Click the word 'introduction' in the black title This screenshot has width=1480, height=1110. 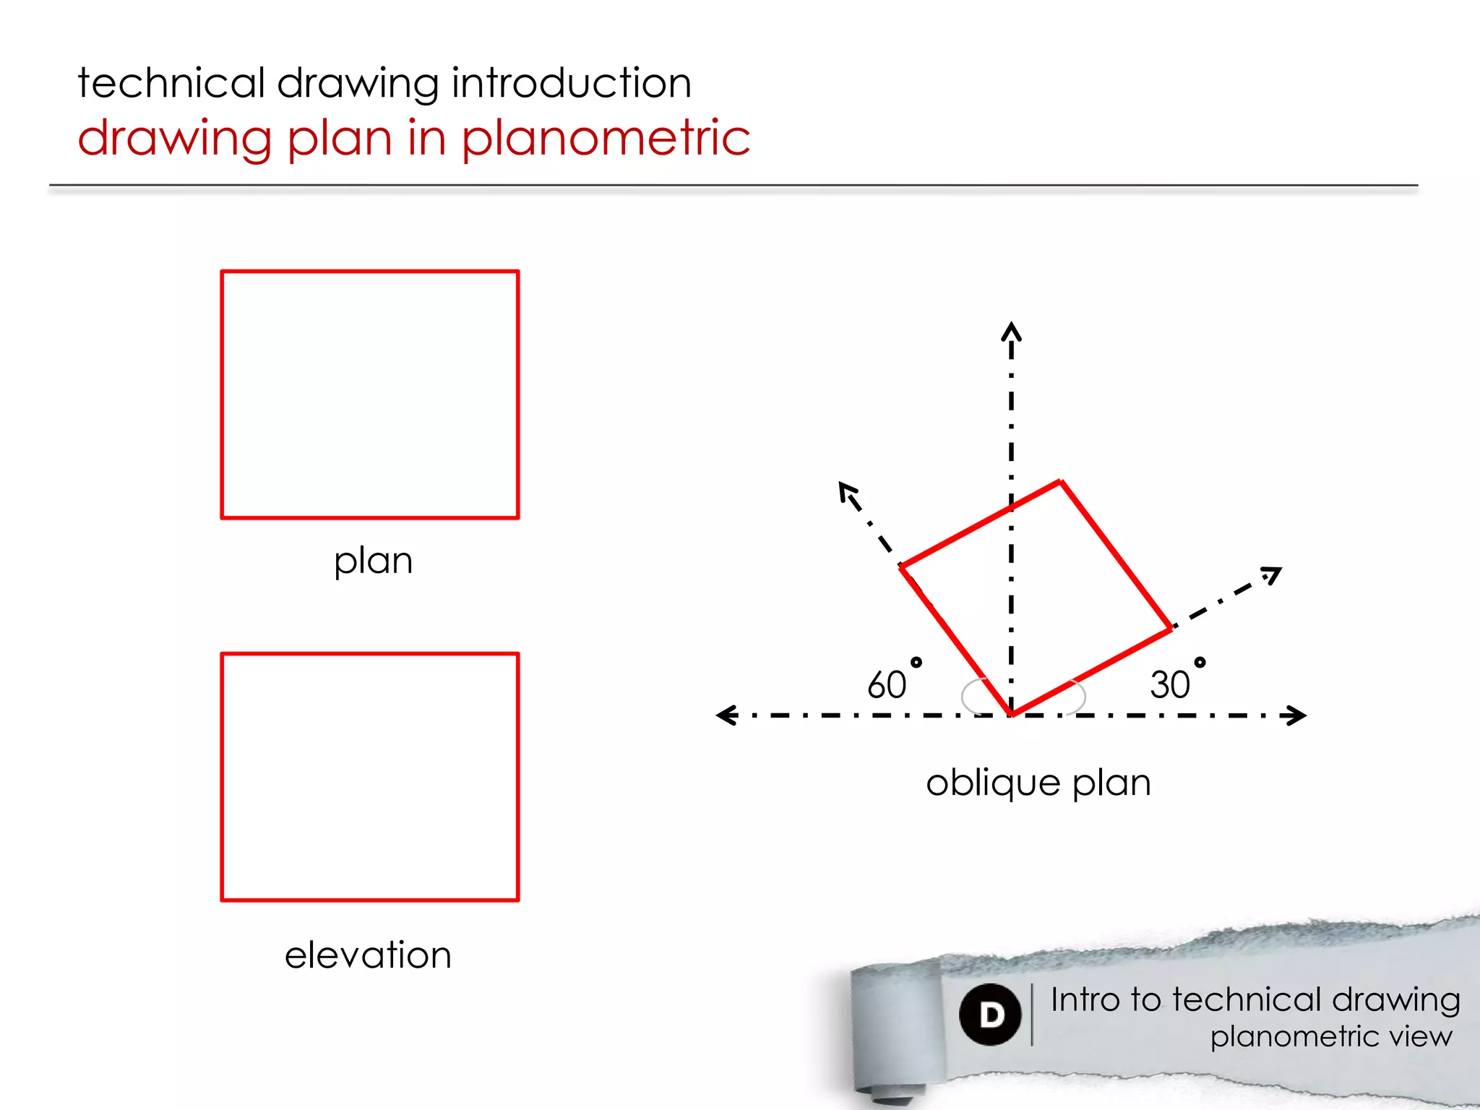coord(572,82)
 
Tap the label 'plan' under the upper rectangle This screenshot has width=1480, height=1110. coord(373,561)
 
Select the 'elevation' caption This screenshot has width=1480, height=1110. coord(368,955)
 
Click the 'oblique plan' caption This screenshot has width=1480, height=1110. coord(1038,783)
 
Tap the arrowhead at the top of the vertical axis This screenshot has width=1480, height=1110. coord(1011,331)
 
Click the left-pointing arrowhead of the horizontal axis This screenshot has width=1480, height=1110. coord(725,715)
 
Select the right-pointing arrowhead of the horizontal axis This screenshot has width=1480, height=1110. coord(1296,715)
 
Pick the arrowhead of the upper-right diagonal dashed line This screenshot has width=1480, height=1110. coord(1273,574)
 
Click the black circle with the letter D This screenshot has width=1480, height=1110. coord(990,1015)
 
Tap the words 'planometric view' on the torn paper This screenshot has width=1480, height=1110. coord(1331,1036)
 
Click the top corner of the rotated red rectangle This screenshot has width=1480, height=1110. coord(1060,481)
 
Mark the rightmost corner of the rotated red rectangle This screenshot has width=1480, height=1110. coord(1171,629)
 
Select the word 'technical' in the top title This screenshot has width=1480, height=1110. coord(172,82)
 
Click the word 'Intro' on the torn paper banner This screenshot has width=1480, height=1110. coord(1085,999)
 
